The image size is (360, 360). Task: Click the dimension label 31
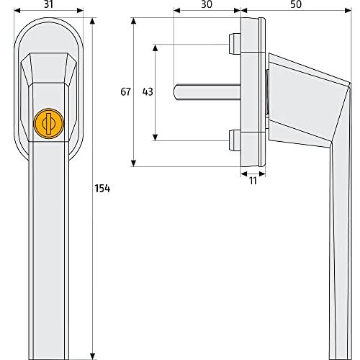tap(49, 6)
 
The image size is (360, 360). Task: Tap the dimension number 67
tap(125, 91)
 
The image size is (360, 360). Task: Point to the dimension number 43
tap(147, 91)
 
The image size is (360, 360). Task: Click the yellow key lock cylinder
tap(48, 123)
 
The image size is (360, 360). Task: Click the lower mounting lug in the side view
tap(235, 140)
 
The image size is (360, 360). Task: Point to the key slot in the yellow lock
tap(48, 123)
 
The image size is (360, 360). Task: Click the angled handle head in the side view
tap(302, 94)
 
